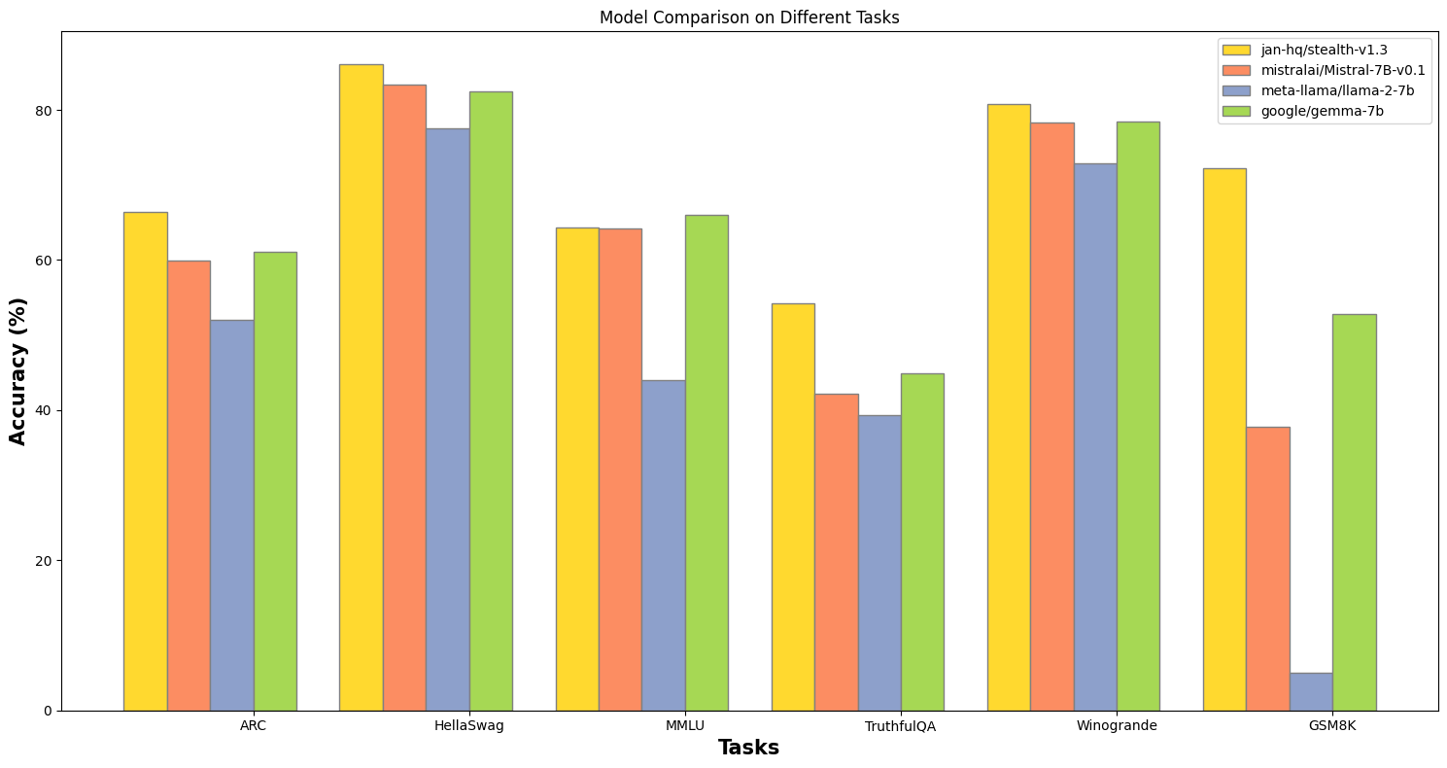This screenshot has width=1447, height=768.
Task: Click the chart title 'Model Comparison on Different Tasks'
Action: [749, 17]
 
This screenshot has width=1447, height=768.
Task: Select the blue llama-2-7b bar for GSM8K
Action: [1310, 691]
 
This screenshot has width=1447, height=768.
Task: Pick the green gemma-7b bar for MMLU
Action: [706, 463]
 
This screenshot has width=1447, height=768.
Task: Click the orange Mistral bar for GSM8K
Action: [1267, 569]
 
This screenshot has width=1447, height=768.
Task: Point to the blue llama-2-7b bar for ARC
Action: [231, 515]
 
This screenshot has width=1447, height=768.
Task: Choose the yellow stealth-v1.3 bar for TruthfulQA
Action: [793, 506]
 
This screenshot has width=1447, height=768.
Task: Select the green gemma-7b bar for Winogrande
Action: [1138, 416]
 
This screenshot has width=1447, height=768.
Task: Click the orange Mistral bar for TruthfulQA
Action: [836, 552]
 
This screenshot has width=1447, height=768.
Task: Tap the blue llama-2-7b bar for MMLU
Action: [663, 545]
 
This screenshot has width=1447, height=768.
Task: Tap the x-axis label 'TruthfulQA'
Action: [900, 726]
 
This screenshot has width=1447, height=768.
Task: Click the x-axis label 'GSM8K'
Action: [1331, 726]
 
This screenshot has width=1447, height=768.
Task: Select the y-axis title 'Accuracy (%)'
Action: [18, 371]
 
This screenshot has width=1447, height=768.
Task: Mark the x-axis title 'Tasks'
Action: [748, 749]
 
